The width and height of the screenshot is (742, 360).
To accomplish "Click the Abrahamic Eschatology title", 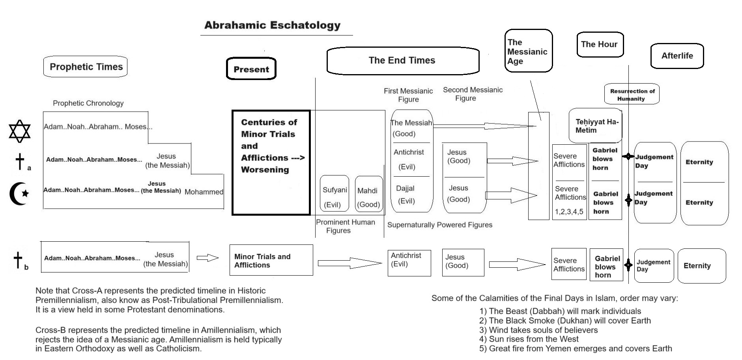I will (272, 25).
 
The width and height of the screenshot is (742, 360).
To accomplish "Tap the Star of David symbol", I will (20, 131).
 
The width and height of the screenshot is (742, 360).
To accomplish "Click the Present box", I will (251, 69).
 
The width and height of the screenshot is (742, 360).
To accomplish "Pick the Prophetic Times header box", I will (86, 67).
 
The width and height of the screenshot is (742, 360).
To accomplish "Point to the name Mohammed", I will (204, 192).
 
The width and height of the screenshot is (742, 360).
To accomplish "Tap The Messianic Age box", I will (528, 51).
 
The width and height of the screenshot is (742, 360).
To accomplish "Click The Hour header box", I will (599, 45).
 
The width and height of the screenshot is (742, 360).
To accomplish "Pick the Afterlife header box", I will (677, 56).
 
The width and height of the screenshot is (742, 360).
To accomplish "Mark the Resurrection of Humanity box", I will (632, 95).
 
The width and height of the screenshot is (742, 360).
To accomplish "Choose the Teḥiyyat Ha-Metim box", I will (595, 126).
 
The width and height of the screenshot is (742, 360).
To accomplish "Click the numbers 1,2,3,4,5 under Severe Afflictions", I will (569, 212).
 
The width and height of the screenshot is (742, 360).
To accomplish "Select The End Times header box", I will (402, 60).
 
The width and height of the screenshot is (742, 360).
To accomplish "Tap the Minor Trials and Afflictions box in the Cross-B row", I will (271, 260).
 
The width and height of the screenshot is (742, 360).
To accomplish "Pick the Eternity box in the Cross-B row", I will (701, 266).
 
